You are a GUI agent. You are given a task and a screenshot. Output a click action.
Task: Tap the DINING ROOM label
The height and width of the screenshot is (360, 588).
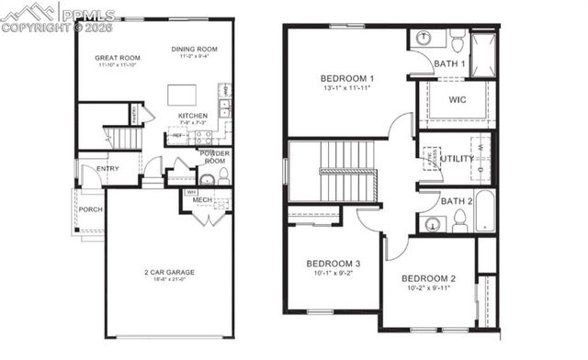click(x=194, y=48)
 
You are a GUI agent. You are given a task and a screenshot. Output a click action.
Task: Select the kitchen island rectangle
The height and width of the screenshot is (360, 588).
click(x=180, y=96)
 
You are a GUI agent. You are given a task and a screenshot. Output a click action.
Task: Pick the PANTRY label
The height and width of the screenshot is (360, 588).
click(x=134, y=115)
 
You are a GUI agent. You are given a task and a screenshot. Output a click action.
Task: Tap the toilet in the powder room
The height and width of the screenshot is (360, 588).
click(x=209, y=178)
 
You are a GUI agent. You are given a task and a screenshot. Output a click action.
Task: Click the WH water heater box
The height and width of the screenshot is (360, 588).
click(x=191, y=193)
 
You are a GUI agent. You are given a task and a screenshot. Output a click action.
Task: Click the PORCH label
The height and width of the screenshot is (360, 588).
click(x=90, y=209)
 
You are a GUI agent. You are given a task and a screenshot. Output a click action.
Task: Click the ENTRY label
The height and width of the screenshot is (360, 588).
click(x=107, y=168)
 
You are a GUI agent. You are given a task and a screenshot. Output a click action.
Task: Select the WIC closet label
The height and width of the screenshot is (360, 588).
click(x=458, y=99)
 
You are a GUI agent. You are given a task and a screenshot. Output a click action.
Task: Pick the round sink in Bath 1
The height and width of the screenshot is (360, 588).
click(x=424, y=39)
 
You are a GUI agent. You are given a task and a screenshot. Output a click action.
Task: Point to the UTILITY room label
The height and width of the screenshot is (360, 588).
click(x=457, y=158)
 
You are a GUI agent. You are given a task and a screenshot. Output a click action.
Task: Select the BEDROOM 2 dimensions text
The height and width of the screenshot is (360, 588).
click(x=428, y=287)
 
